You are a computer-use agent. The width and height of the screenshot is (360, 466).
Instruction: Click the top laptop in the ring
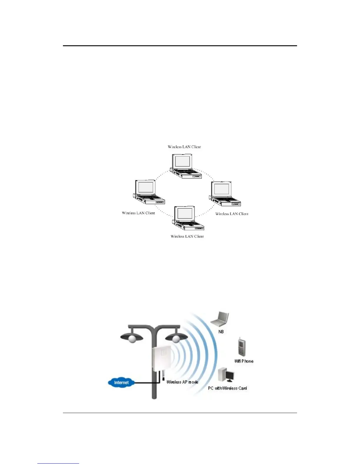[185, 166]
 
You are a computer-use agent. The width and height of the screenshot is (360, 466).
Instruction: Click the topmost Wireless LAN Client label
[184, 147]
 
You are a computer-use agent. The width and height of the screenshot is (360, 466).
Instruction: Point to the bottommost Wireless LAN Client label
[187, 236]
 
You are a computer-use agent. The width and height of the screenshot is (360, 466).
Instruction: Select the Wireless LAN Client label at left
[138, 213]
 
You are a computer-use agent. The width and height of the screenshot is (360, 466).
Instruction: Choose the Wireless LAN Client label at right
[232, 214]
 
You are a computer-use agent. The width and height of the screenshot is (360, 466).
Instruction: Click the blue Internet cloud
[121, 382]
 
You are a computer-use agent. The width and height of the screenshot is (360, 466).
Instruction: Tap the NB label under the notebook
[221, 332]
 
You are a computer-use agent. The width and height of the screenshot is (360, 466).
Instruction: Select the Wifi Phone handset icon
[242, 347]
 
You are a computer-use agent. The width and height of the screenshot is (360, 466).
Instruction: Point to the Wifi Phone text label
[244, 361]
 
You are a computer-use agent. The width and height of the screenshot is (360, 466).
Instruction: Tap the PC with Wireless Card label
[227, 388]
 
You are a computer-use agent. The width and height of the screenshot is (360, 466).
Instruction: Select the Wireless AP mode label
[182, 382]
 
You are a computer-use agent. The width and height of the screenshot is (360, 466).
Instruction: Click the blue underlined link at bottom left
[58, 463]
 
